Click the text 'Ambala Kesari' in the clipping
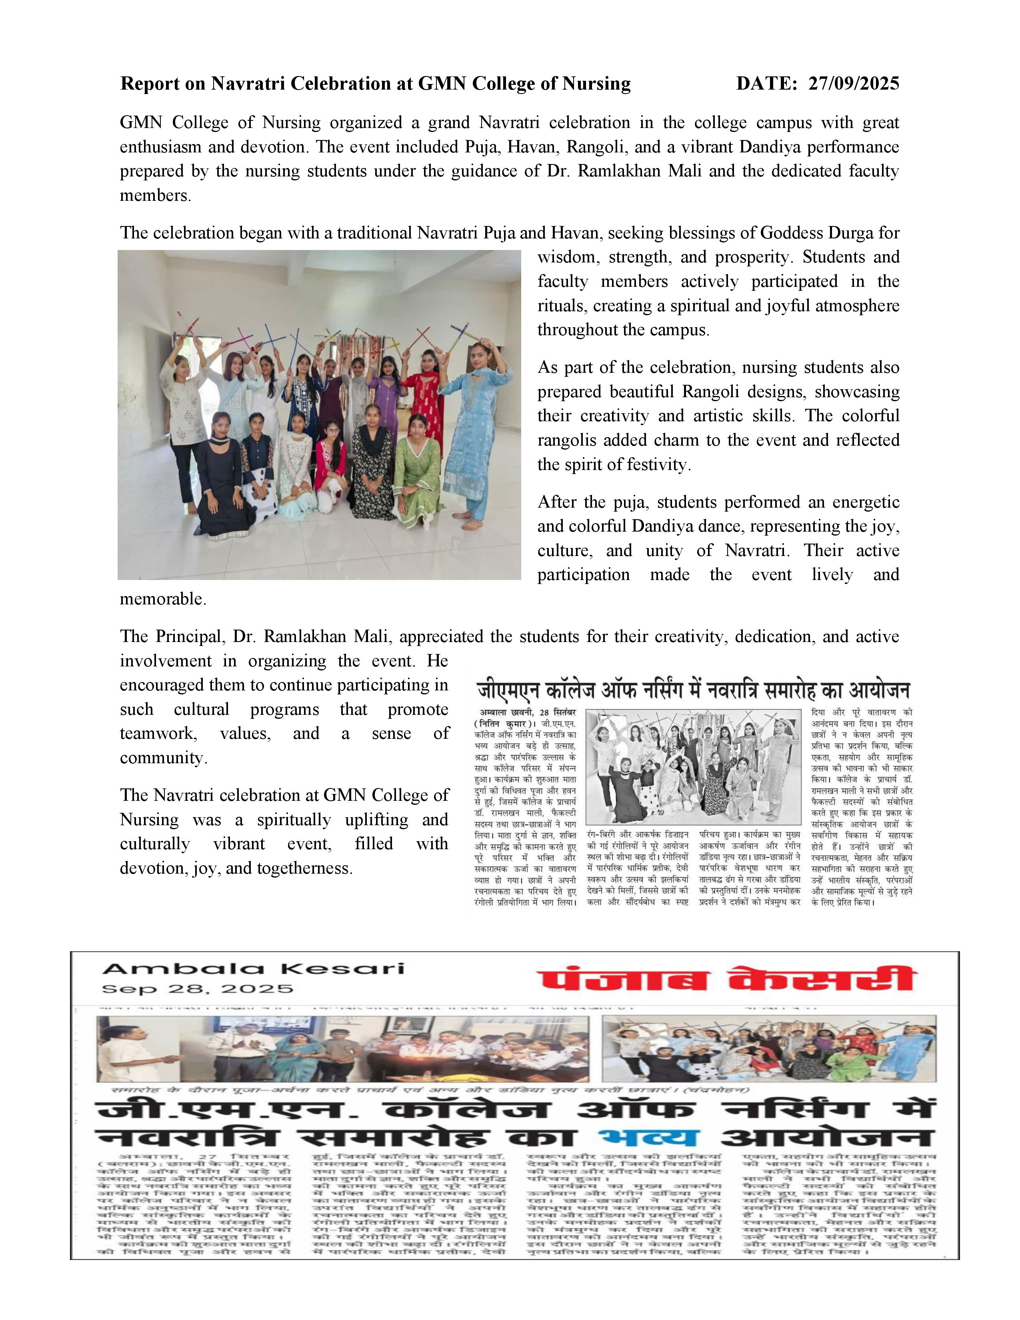click(253, 968)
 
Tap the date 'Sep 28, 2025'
click(198, 989)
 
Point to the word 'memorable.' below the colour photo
click(163, 599)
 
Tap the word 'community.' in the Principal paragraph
click(163, 758)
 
